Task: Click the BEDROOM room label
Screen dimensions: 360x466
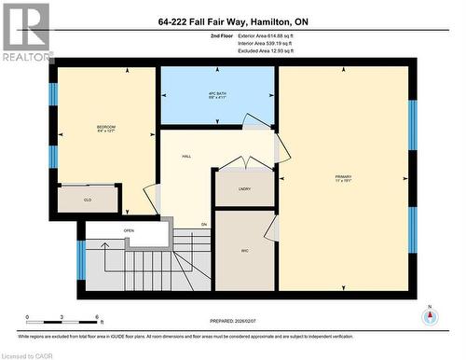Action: pyautogui.click(x=106, y=127)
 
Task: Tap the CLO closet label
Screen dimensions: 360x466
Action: pyautogui.click(x=87, y=199)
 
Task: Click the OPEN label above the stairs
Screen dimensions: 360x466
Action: pyautogui.click(x=129, y=229)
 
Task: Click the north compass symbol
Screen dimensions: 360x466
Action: pyautogui.click(x=430, y=317)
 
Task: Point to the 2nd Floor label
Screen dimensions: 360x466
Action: pyautogui.click(x=222, y=35)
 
